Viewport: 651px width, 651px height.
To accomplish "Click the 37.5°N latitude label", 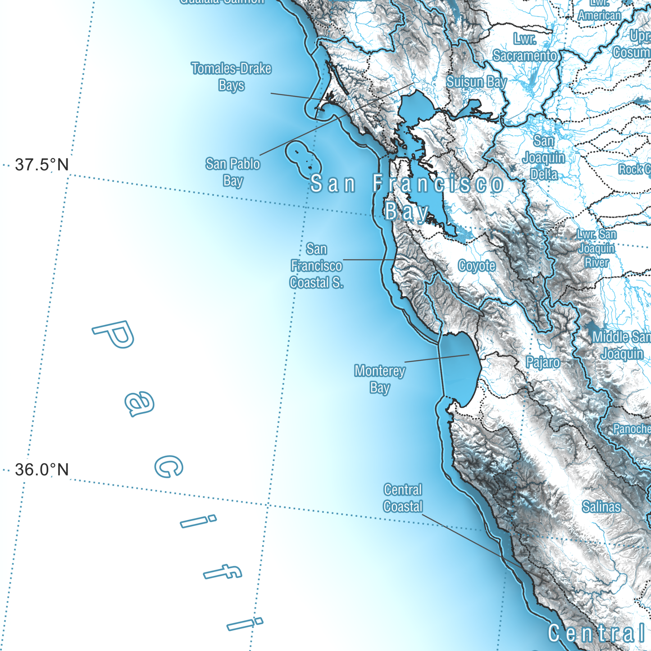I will tap(42, 165).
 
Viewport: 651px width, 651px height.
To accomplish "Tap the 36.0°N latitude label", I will tap(42, 470).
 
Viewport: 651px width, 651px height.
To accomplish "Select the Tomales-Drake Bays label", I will tap(231, 77).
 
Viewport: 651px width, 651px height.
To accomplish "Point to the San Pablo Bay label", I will tap(232, 172).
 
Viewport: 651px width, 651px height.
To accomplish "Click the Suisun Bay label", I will tap(477, 82).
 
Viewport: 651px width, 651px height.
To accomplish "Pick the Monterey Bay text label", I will tap(380, 379).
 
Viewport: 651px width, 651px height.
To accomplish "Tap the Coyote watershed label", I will tap(477, 266).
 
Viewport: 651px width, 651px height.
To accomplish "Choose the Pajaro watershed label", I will tap(543, 362).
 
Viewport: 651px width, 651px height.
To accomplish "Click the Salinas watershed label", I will tap(601, 507).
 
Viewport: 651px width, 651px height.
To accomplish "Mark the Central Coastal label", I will tap(403, 498).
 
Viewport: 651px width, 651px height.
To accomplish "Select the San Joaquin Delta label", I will tap(544, 158).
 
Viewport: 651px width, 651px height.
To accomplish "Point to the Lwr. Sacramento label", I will tap(525, 48).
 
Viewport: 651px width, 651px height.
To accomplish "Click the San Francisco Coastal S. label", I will tap(316, 266).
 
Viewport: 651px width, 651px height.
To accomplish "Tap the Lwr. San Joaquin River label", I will tap(596, 248).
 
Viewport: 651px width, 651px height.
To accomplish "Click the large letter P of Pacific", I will tap(114, 335).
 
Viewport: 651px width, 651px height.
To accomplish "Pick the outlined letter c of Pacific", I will tap(168, 466).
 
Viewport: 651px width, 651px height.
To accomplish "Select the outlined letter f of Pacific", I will tap(223, 573).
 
